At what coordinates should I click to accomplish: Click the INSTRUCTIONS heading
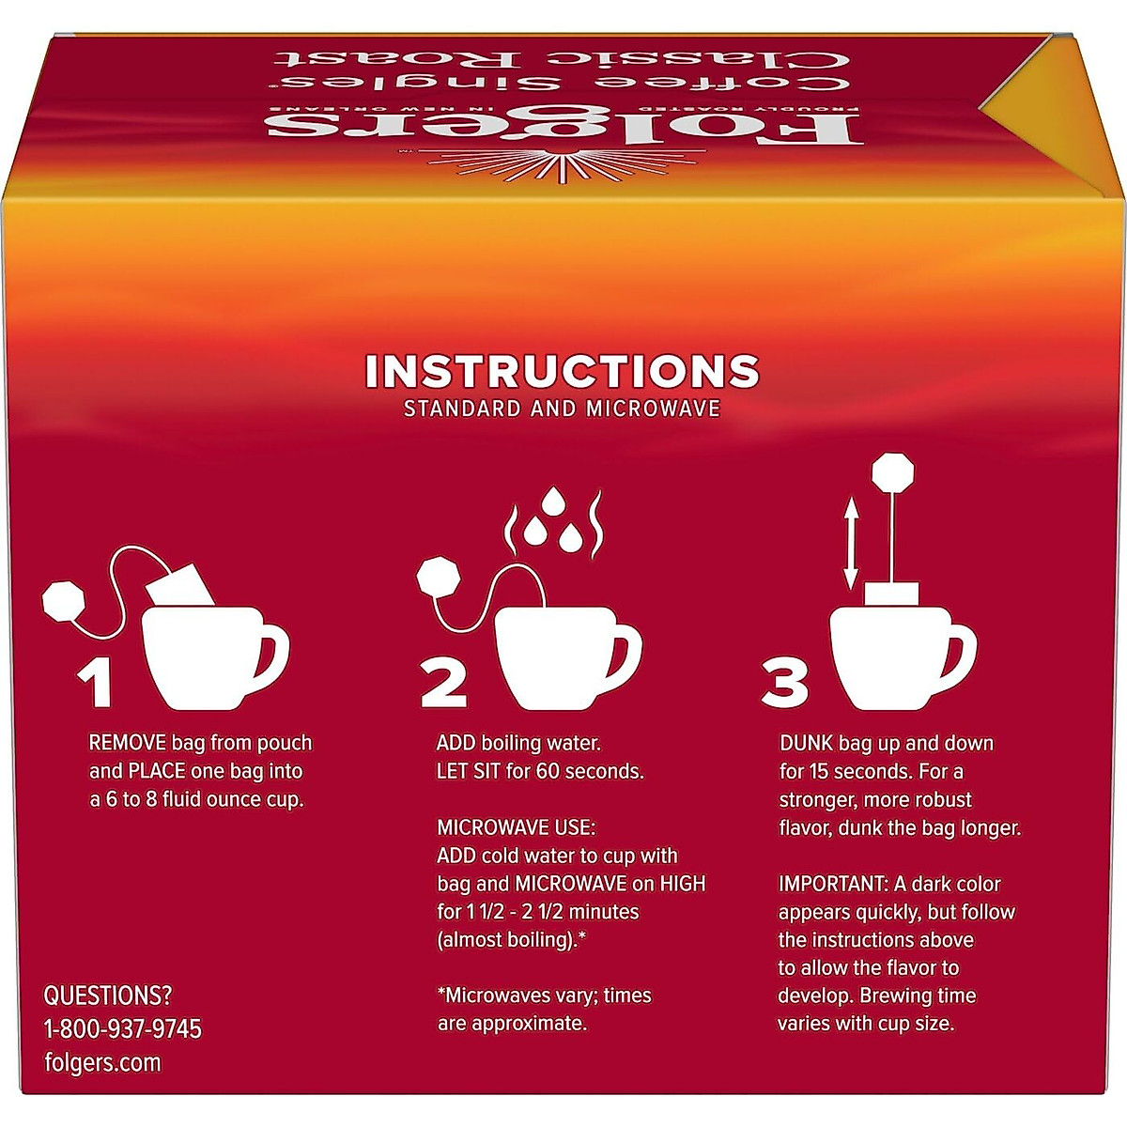(562, 372)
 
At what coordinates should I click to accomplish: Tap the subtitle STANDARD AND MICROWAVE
(562, 409)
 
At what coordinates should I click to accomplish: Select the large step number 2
(443, 682)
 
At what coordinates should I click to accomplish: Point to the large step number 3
(784, 682)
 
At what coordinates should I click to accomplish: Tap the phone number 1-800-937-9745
(123, 1029)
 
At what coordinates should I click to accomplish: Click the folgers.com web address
(102, 1063)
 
